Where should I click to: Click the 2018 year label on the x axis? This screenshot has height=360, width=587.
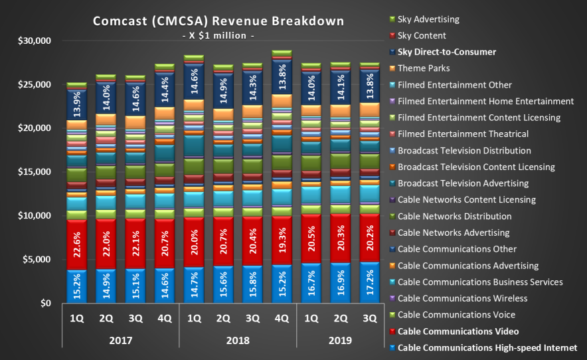tap(238, 341)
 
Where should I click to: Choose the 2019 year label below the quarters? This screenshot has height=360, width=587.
tap(340, 341)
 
